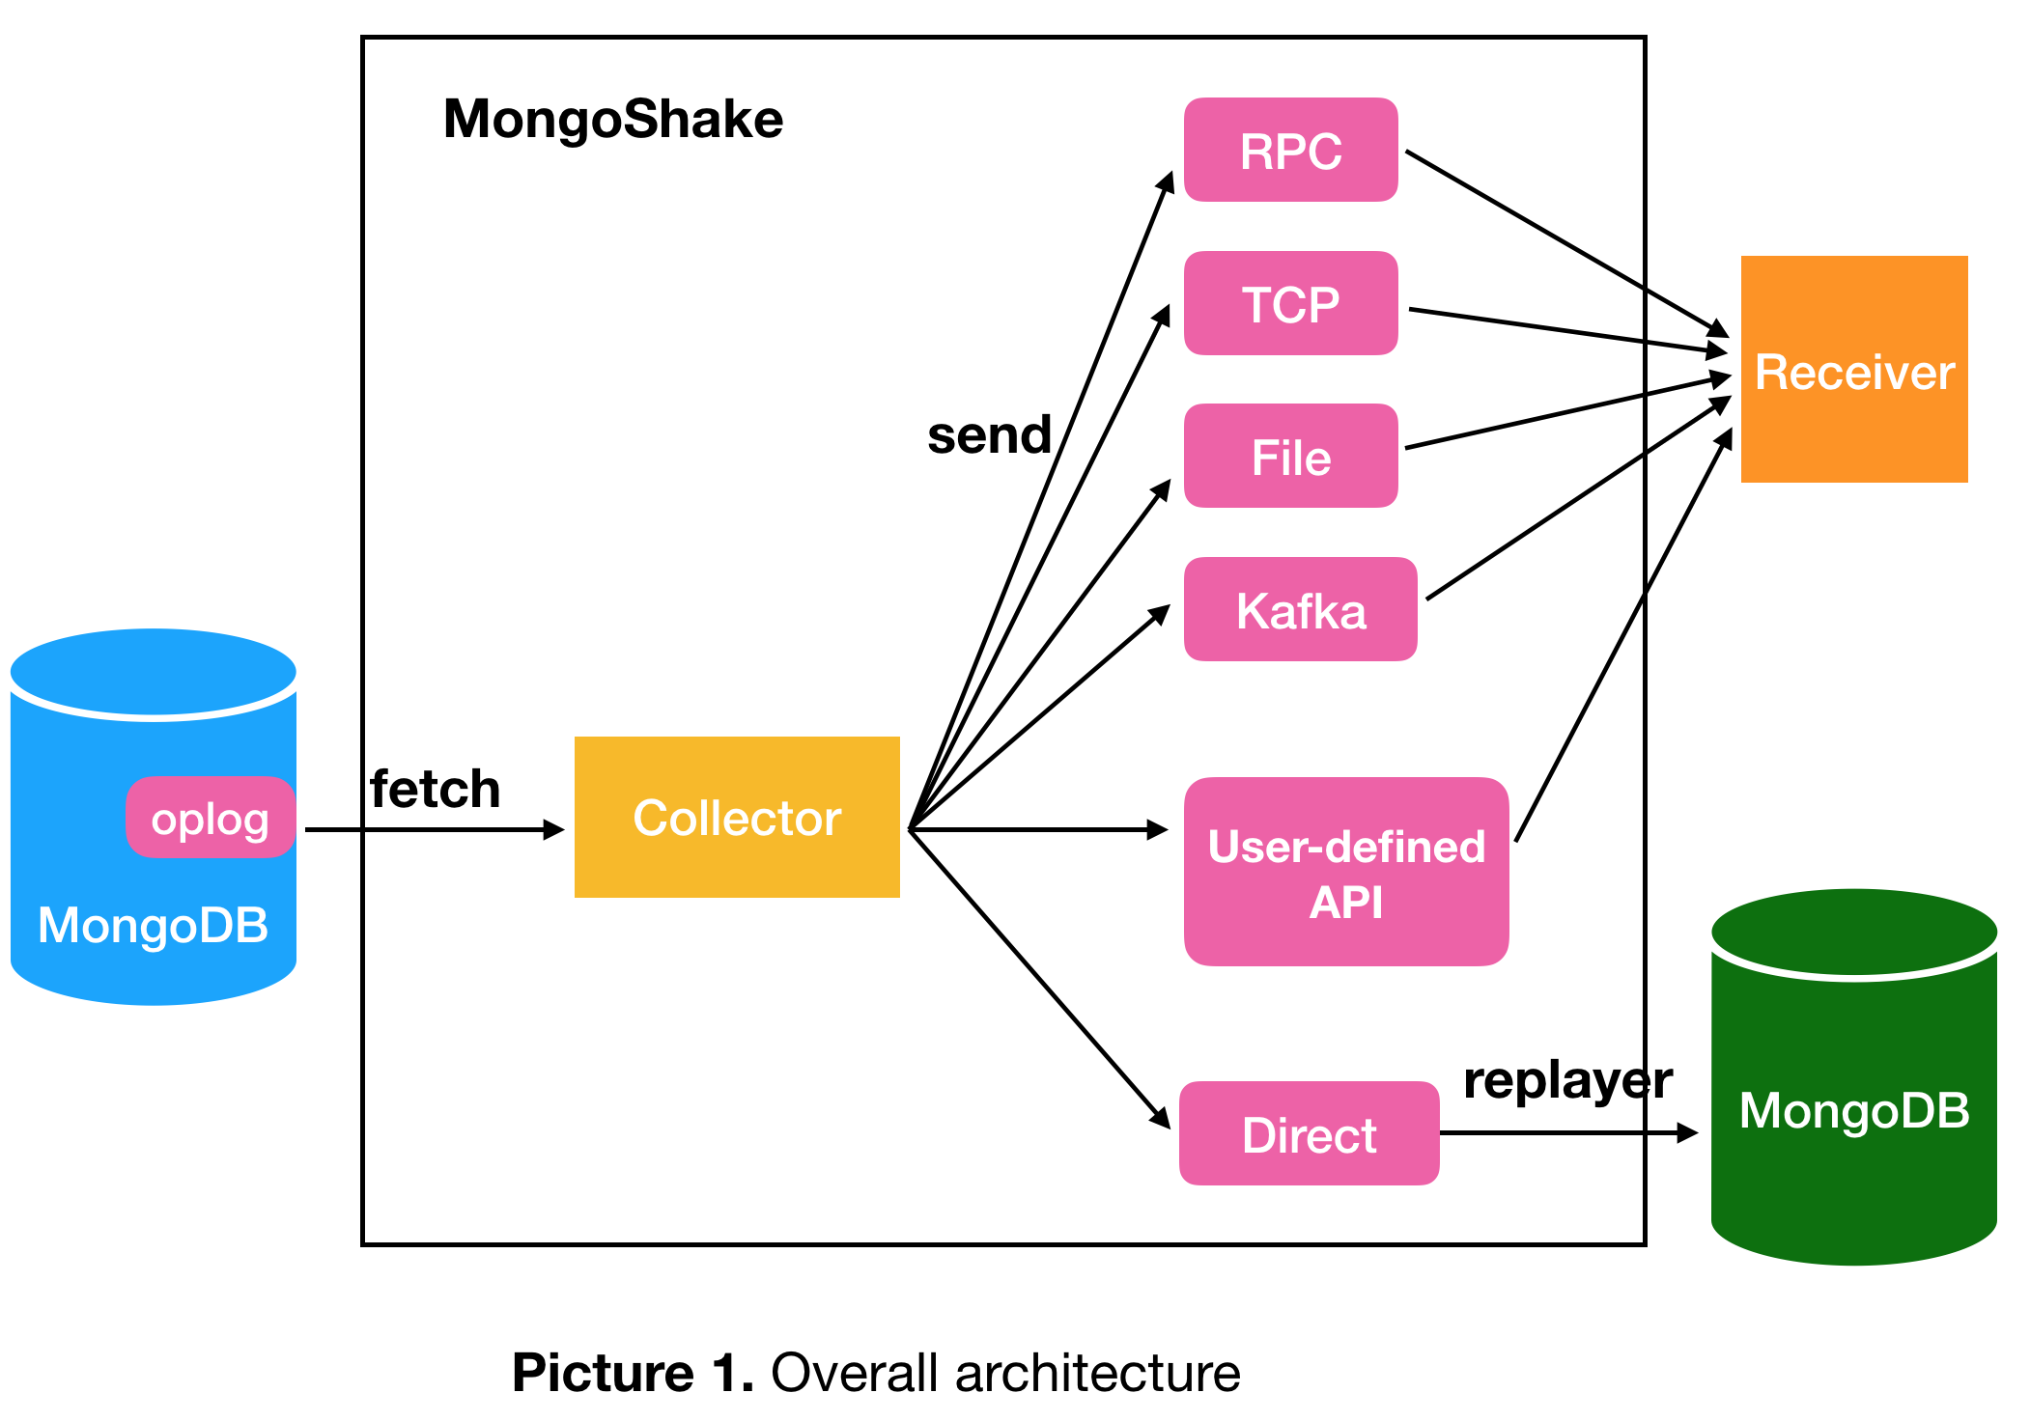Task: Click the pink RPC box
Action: coord(1290,151)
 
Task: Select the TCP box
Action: coord(1290,304)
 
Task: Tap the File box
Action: coord(1290,457)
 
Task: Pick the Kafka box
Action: coord(1300,610)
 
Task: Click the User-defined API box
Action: coord(1345,873)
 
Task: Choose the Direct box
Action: coord(1309,1134)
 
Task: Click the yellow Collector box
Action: coord(737,818)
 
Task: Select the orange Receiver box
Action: coord(1853,371)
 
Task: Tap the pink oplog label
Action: coord(210,819)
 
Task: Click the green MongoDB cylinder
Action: coord(1853,1110)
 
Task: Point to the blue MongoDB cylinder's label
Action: coord(153,925)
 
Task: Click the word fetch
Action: coord(436,790)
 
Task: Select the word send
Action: coord(989,435)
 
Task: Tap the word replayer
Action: coord(1566,1079)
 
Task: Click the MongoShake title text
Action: coord(613,120)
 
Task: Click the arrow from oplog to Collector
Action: coord(435,829)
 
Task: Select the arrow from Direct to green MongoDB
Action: coord(1565,1133)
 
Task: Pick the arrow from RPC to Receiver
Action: coord(1565,242)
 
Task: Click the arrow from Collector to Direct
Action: coord(1038,977)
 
